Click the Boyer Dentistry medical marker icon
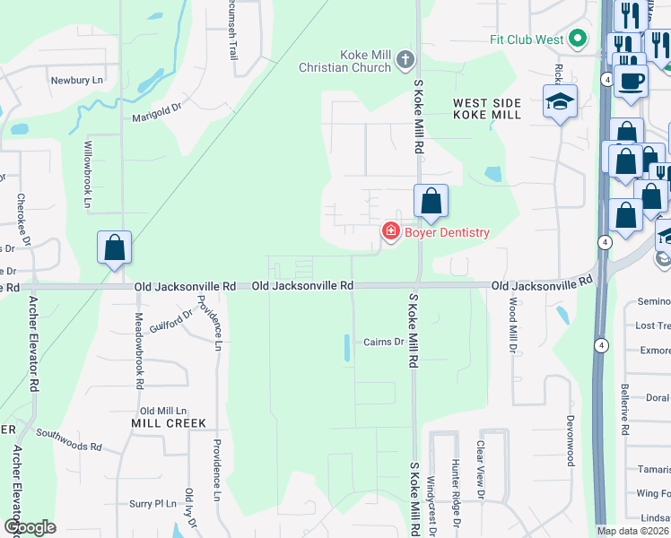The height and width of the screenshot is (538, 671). coord(390,232)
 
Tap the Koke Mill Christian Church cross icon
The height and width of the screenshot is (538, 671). coord(405,60)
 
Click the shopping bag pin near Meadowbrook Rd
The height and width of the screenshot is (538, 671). coord(115,247)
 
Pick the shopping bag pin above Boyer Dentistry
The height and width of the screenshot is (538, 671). coord(431,201)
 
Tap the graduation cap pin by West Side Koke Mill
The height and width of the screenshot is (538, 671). coord(560,100)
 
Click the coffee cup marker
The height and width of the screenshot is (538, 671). coord(632,80)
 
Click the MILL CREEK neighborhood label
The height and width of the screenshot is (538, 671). coord(169,423)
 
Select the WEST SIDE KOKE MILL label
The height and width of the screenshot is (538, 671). coord(487,108)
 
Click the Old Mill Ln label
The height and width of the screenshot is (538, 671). coord(162,410)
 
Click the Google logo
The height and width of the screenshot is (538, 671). coord(30,527)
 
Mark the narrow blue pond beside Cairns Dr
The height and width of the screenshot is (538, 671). coord(347,347)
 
